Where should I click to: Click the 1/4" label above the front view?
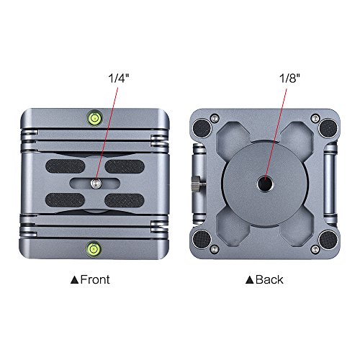(119, 78)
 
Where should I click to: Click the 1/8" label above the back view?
(289, 78)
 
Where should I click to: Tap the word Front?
(95, 279)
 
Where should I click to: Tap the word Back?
(269, 279)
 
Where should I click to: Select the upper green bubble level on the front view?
(94, 118)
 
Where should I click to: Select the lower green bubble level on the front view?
(94, 248)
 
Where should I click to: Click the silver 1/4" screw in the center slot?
(96, 184)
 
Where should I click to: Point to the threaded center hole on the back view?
(265, 184)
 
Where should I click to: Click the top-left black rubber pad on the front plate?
(65, 166)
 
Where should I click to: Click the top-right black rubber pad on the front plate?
(125, 166)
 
